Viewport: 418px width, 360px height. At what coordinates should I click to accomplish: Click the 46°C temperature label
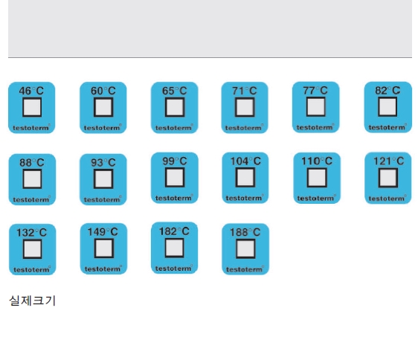[31, 91]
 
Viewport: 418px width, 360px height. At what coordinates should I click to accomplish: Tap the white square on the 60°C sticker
[103, 107]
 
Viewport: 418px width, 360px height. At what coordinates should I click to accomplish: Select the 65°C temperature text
[175, 91]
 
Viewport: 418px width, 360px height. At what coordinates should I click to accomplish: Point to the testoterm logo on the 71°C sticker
[244, 128]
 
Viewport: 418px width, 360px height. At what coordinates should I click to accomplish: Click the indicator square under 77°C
[316, 106]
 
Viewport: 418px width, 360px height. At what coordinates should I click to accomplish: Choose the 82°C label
[388, 91]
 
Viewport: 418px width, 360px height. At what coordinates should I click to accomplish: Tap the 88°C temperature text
[32, 163]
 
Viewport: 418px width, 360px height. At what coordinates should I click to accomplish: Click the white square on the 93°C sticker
[103, 179]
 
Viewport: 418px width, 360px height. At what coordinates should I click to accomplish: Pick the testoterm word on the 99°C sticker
[174, 198]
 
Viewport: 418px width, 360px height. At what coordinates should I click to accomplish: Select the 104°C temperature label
[245, 161]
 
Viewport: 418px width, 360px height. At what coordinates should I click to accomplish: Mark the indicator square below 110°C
[317, 178]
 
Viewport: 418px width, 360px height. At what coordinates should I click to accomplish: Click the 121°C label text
[389, 161]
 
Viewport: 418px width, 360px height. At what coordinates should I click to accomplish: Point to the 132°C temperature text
[32, 233]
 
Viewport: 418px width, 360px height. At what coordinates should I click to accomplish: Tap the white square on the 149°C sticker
[104, 248]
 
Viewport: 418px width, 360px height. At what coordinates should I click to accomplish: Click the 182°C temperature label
[174, 231]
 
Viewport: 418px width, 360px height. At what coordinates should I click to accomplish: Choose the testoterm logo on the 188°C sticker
[245, 269]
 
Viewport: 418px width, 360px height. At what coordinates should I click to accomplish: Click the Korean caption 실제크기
[32, 300]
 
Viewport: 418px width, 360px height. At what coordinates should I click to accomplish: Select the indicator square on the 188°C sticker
[245, 249]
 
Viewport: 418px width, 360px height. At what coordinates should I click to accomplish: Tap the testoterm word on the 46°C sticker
[31, 128]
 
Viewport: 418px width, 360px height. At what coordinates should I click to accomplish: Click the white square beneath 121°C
[388, 178]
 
